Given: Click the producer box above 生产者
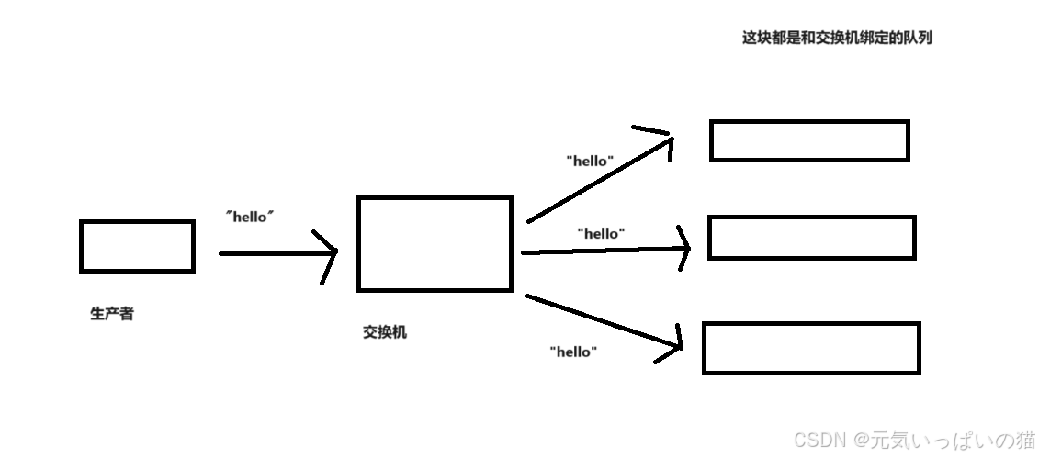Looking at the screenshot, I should coord(137,246).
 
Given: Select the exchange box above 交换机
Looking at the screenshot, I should coord(435,244).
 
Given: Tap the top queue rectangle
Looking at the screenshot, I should coord(809,140).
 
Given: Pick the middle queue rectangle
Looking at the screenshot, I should coord(812,238).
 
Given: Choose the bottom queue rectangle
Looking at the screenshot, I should coord(811,348).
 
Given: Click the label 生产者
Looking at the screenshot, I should coord(112,314).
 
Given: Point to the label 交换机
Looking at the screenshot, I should coord(385,332).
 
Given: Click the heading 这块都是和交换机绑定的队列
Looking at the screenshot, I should coord(837,39).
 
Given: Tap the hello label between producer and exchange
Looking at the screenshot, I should coord(251,218).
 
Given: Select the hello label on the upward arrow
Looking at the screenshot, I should coord(590,161).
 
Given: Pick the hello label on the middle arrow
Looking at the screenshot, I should coord(601,233).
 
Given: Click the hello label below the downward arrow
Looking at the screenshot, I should coord(573,352).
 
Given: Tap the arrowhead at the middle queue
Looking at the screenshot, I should coord(683,248).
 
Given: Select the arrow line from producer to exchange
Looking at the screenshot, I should coord(271,252).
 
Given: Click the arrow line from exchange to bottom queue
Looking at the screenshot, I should coord(597,320).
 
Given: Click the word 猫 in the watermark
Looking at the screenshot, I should coord(1026,439).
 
